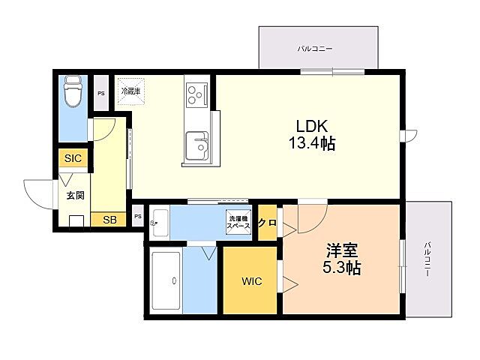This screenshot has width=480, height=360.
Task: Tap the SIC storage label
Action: (73, 158)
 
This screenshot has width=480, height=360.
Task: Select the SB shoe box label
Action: (109, 220)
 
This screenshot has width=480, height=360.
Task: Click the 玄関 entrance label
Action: (75, 195)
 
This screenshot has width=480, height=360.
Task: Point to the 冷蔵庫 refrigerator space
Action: (130, 91)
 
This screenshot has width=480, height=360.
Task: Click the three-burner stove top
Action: (196, 94)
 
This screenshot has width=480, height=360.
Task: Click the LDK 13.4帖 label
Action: (312, 134)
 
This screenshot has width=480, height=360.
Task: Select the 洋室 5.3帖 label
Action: (342, 259)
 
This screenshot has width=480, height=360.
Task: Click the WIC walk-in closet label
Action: (252, 281)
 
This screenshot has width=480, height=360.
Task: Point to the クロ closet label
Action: (267, 223)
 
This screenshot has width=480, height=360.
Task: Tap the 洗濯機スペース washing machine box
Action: (238, 222)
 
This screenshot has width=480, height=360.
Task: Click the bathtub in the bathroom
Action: (166, 280)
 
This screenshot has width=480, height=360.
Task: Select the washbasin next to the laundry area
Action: (160, 223)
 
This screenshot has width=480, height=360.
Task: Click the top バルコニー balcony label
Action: (315, 49)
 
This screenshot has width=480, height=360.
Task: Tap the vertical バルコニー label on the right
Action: (427, 259)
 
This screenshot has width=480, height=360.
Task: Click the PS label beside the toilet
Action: (101, 94)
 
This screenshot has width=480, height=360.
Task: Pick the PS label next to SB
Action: (138, 217)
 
